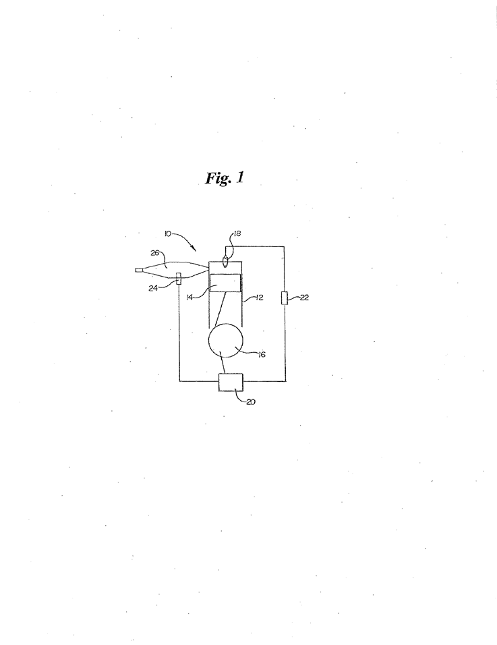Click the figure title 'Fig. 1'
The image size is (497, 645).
click(x=225, y=177)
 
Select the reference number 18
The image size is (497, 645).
click(x=237, y=233)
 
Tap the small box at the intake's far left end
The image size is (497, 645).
click(x=139, y=271)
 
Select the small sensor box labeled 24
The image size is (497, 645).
click(x=179, y=277)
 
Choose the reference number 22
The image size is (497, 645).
click(x=304, y=298)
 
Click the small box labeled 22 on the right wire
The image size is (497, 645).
click(x=284, y=298)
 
